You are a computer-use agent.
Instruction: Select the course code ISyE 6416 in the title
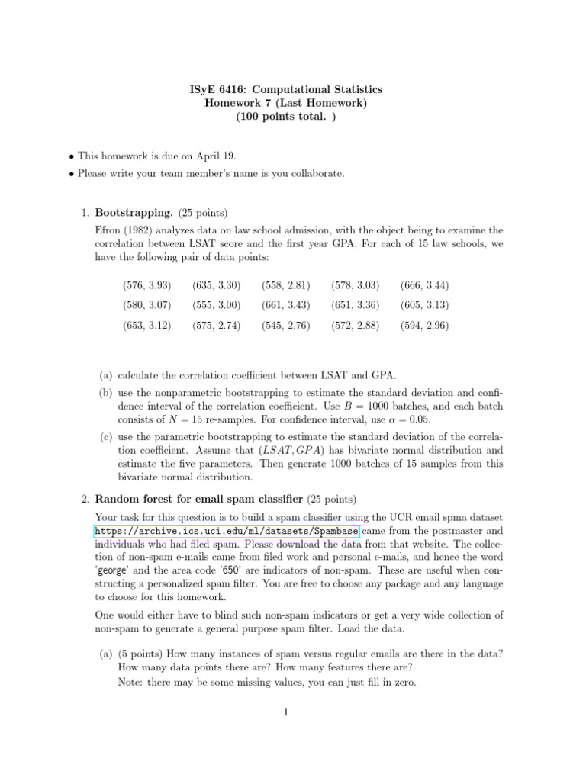(x=219, y=90)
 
